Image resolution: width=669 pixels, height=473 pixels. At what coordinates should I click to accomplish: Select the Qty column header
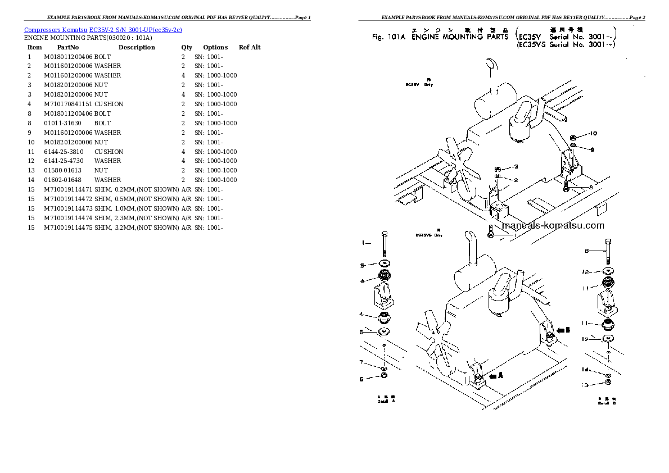[x=187, y=47]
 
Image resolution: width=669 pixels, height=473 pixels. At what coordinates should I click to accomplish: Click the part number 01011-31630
[x=62, y=123]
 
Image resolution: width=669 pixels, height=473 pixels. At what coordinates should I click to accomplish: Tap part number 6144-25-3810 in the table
[x=64, y=152]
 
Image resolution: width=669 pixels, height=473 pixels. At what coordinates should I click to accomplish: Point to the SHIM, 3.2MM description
[x=136, y=228]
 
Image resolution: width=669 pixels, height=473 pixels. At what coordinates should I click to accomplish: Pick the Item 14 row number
[x=31, y=180]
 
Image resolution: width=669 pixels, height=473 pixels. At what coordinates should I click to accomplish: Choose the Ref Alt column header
[x=250, y=47]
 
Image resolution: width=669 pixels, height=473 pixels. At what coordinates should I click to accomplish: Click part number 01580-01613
[x=62, y=170]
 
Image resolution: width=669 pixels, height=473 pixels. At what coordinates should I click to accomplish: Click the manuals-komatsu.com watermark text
[x=553, y=226]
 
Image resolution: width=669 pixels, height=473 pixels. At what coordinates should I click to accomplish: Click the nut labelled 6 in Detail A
[x=383, y=376]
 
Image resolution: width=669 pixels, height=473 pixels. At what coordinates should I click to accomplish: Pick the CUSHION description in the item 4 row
[x=109, y=104]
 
